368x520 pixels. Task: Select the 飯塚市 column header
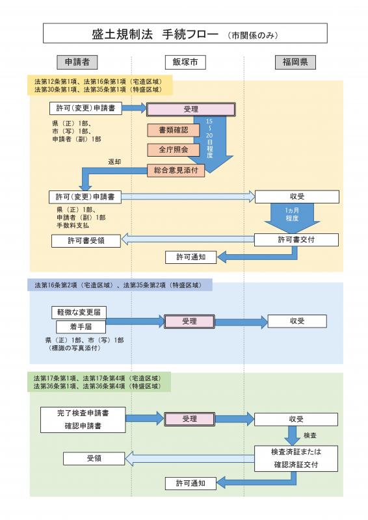(x=185, y=62)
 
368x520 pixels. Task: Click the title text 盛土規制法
(x=120, y=33)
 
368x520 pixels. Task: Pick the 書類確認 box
(x=172, y=130)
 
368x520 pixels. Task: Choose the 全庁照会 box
(x=172, y=149)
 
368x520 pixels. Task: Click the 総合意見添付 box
(x=176, y=170)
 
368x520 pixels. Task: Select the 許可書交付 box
(x=296, y=240)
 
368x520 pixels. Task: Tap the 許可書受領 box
(x=86, y=240)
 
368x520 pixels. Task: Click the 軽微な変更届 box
(x=79, y=312)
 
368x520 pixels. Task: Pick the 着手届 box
(x=81, y=326)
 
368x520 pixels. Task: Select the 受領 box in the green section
(x=94, y=458)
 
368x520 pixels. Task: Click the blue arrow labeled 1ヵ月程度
(x=291, y=217)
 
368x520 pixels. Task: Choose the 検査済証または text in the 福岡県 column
(x=296, y=451)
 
